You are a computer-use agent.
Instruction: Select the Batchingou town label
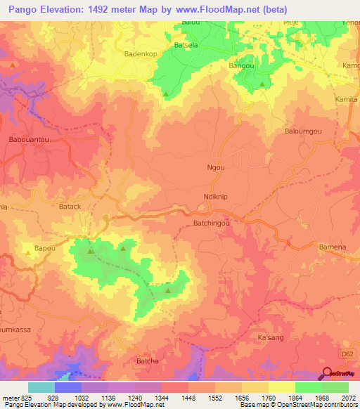click(x=213, y=223)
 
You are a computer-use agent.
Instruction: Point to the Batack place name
click(x=70, y=207)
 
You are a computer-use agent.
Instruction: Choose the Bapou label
click(x=46, y=249)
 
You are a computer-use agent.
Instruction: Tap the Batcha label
click(x=148, y=361)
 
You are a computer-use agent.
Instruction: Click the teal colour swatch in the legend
click(x=41, y=387)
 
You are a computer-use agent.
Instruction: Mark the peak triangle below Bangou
click(x=262, y=84)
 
